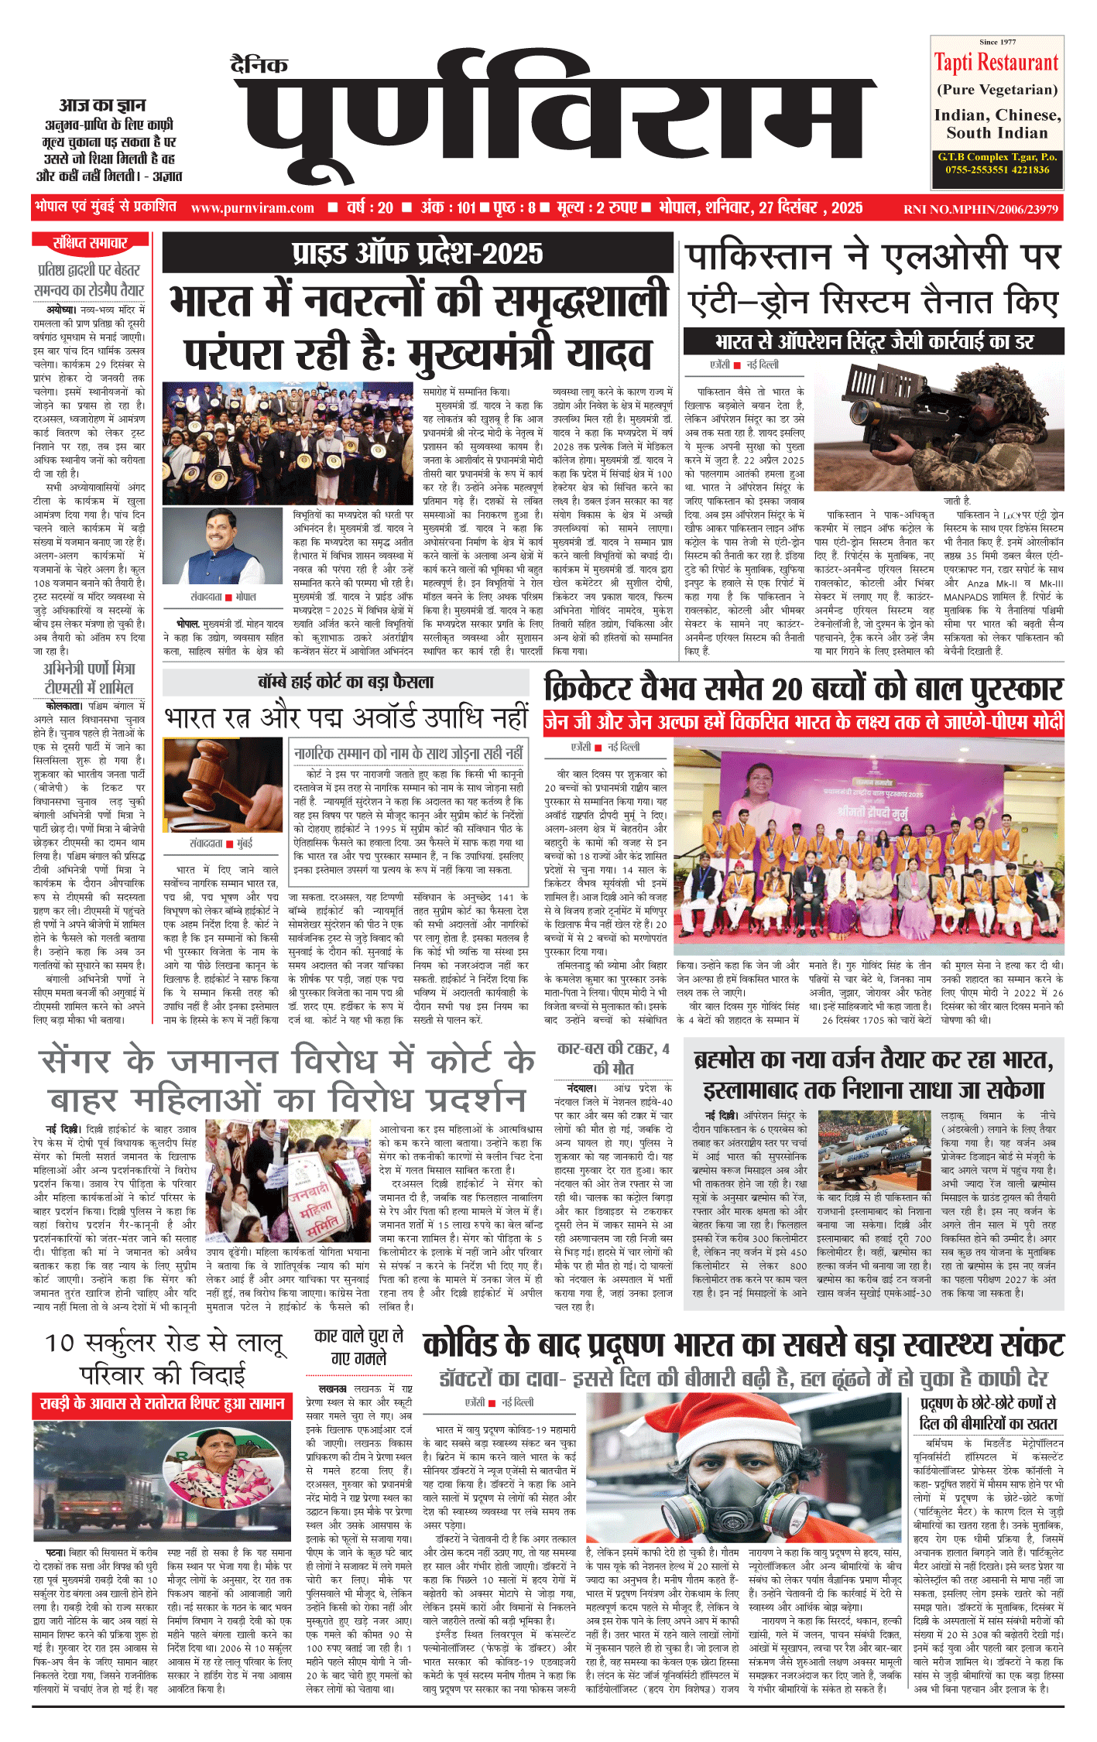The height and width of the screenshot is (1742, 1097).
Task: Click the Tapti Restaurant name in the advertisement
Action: (996, 63)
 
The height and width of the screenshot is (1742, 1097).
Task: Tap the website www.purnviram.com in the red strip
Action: (252, 207)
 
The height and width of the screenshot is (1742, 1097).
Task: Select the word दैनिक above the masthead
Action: (259, 66)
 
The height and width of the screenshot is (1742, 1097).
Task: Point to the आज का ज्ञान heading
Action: (102, 105)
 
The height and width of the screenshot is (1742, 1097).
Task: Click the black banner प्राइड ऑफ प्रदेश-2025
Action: (417, 253)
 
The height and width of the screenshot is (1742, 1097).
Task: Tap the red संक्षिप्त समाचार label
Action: (89, 243)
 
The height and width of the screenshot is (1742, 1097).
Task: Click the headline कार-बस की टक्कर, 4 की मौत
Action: (612, 1058)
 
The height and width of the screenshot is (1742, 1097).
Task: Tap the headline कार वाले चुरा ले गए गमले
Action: (358, 1347)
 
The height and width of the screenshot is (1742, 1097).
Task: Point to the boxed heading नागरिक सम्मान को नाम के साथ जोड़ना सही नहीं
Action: (409, 753)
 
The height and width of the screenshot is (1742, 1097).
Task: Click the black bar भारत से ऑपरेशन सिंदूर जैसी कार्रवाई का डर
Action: (874, 341)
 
